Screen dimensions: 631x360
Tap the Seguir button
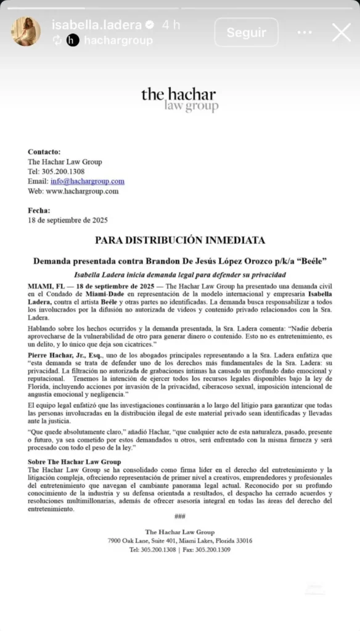[x=246, y=33]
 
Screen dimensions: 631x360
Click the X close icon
[x=341, y=33]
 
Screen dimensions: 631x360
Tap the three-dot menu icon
[x=305, y=33]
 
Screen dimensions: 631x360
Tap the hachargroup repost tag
[x=118, y=40]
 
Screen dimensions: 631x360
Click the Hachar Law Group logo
[x=179, y=99]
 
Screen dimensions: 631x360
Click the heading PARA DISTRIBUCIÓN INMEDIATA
[x=180, y=240]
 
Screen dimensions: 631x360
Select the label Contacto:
[x=44, y=152]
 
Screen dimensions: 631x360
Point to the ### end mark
[x=180, y=516]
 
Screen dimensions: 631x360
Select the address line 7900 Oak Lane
[x=180, y=540]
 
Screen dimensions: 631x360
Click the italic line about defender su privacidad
[x=180, y=274]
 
